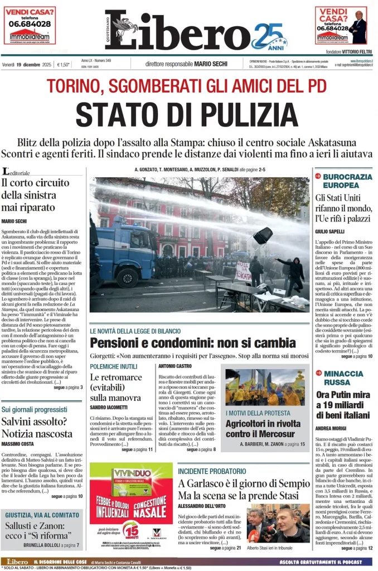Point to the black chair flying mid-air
click(x=263, y=235)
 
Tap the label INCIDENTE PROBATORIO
click(x=211, y=471)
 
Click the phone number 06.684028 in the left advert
click(x=30, y=24)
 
